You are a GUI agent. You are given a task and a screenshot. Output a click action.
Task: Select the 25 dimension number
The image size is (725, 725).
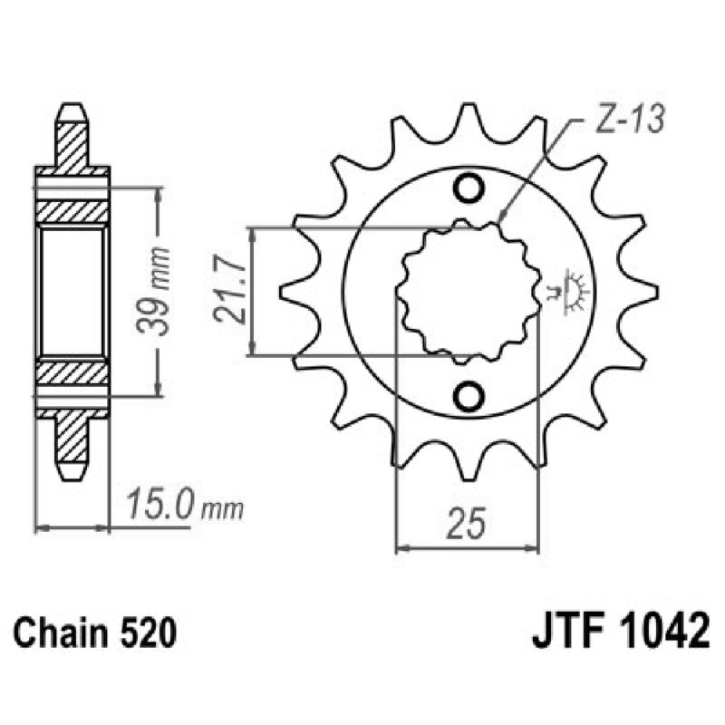[469, 523]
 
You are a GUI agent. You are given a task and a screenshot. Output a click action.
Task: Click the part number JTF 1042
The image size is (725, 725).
[615, 632]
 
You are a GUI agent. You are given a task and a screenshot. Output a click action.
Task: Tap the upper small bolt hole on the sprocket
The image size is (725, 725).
[470, 188]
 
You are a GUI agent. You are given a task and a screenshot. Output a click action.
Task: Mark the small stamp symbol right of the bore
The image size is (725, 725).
[568, 291]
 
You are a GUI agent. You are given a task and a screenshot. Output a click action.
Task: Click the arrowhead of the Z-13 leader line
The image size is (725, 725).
[501, 219]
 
